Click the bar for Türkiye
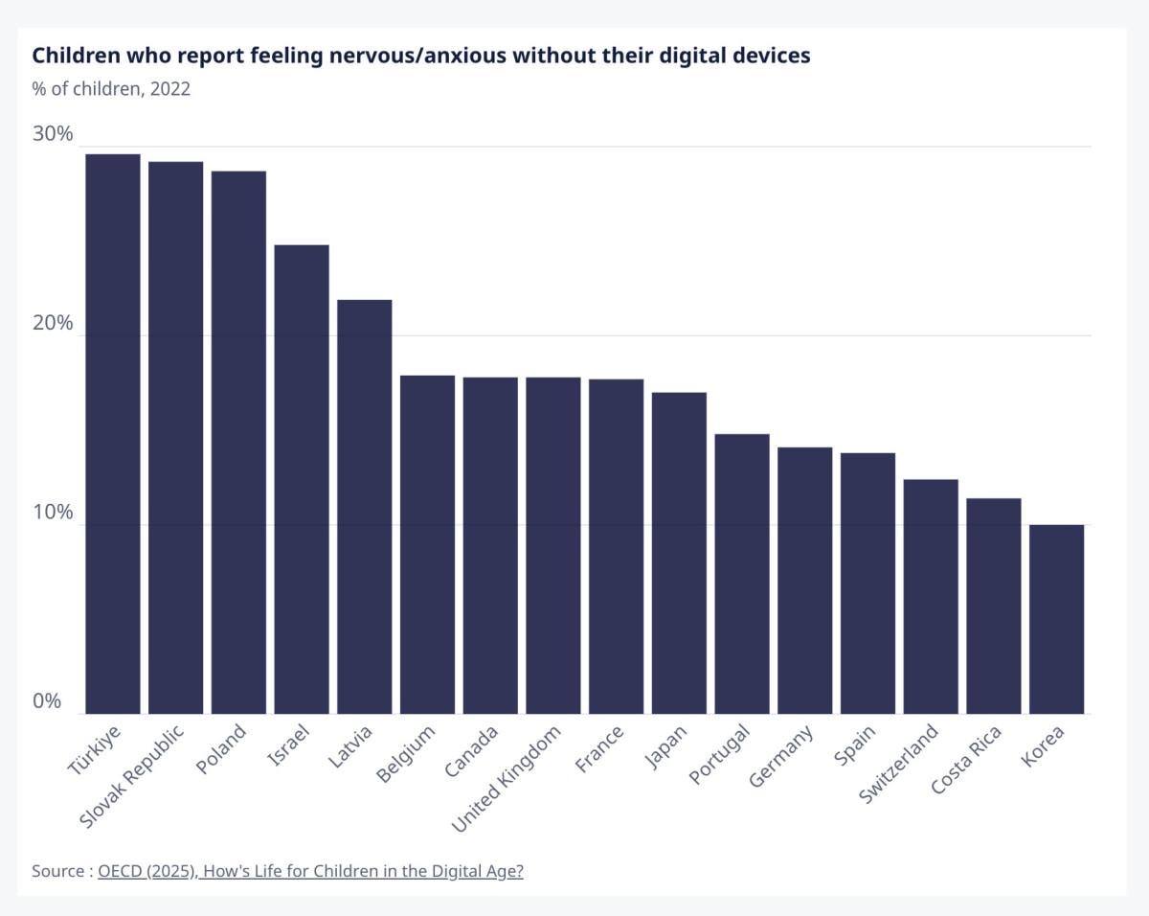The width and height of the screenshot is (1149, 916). tap(113, 433)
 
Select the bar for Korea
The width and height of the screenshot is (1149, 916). tap(1056, 619)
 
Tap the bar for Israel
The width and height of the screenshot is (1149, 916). tap(302, 479)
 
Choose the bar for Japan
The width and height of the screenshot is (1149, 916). tap(679, 553)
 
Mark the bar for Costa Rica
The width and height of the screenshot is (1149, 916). tap(994, 606)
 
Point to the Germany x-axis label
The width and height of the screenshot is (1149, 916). tap(781, 757)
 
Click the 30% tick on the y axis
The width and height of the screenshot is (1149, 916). tap(53, 134)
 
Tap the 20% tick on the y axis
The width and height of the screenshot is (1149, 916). tap(53, 324)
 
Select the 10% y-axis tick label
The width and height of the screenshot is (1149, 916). tap(53, 513)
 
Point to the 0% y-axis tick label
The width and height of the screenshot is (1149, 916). tap(47, 701)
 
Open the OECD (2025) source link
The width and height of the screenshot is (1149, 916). tap(310, 871)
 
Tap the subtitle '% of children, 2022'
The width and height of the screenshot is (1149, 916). tap(111, 89)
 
